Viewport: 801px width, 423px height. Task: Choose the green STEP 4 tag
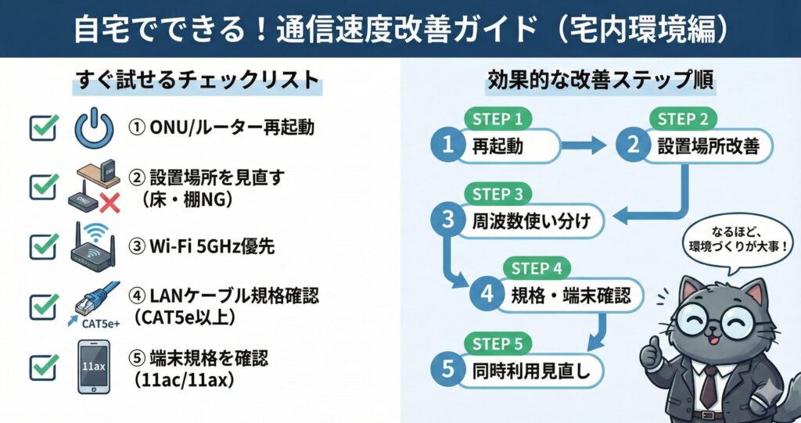(537, 269)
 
